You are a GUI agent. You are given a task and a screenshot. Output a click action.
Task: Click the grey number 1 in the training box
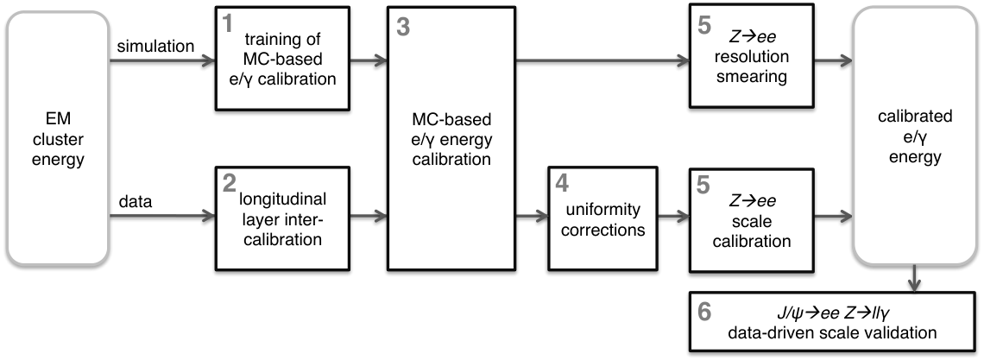(x=229, y=24)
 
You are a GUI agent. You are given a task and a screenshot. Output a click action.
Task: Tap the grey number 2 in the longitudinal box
(x=229, y=184)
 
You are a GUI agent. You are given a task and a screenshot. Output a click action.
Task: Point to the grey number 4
(x=563, y=184)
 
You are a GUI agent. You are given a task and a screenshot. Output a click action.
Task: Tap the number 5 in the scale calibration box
(x=704, y=184)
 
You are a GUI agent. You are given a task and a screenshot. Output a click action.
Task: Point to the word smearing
(x=751, y=77)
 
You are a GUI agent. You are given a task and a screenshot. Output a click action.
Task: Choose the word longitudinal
(x=282, y=200)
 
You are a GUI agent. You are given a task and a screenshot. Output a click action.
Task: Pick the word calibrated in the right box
(x=915, y=117)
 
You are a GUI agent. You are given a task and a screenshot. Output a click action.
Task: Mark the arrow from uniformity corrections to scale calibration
(x=673, y=217)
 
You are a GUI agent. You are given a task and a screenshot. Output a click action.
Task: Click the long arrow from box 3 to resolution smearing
(x=602, y=60)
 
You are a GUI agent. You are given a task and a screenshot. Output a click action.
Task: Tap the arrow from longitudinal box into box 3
(x=369, y=217)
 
